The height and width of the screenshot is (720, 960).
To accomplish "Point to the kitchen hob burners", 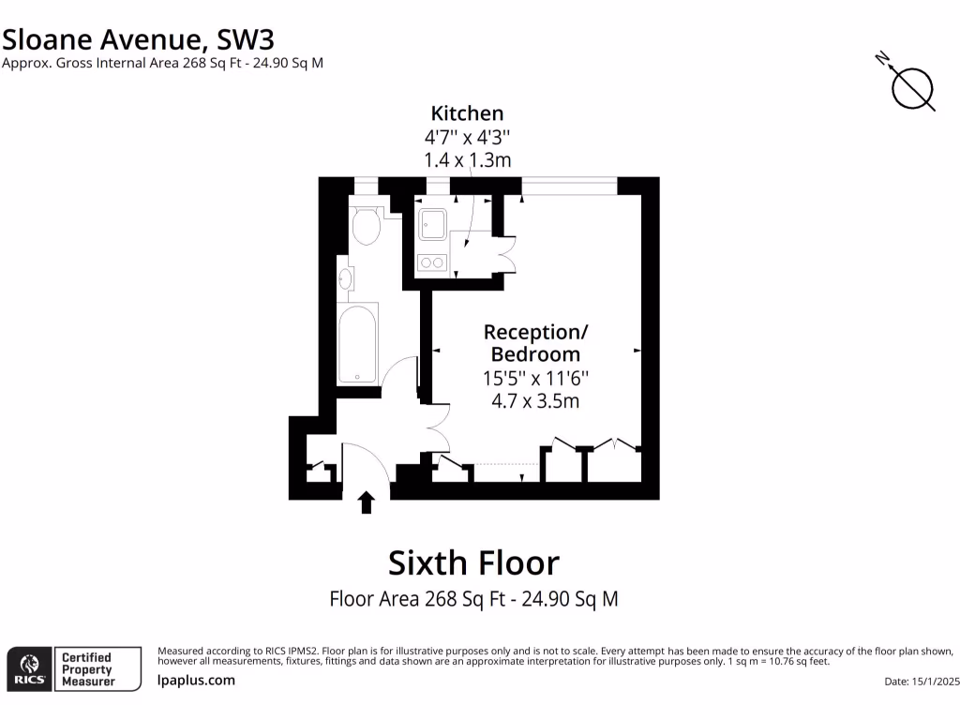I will point(432,262).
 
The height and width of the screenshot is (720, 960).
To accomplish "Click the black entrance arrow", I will point(367,502).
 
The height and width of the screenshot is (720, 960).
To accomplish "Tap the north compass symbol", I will point(911,88).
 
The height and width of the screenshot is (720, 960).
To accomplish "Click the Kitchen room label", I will point(467,113).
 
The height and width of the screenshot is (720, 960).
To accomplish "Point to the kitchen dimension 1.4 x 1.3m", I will point(467,159).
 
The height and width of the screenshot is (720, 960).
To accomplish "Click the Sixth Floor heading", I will point(473,562).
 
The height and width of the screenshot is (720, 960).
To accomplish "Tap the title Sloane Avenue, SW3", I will point(138,38).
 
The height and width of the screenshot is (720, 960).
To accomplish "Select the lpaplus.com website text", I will point(196,681).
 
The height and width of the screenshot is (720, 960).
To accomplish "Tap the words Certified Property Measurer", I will point(87,669).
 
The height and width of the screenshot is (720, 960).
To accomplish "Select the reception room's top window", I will point(569,186).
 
